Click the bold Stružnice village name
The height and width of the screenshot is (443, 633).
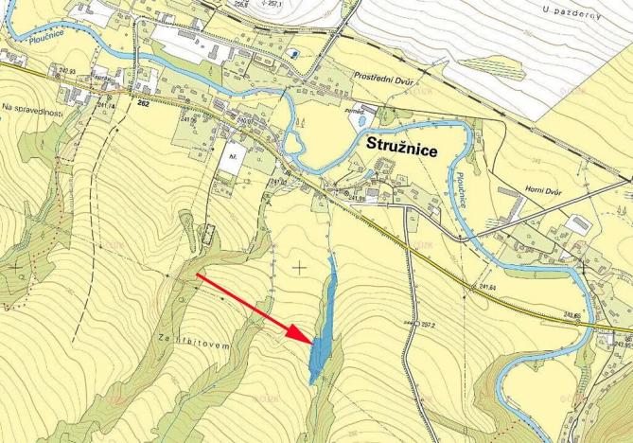click(x=408, y=147)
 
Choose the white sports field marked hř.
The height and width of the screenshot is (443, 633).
click(x=230, y=161)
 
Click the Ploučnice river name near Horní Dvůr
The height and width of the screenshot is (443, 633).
click(x=461, y=189)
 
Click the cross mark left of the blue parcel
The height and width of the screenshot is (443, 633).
click(x=300, y=268)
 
